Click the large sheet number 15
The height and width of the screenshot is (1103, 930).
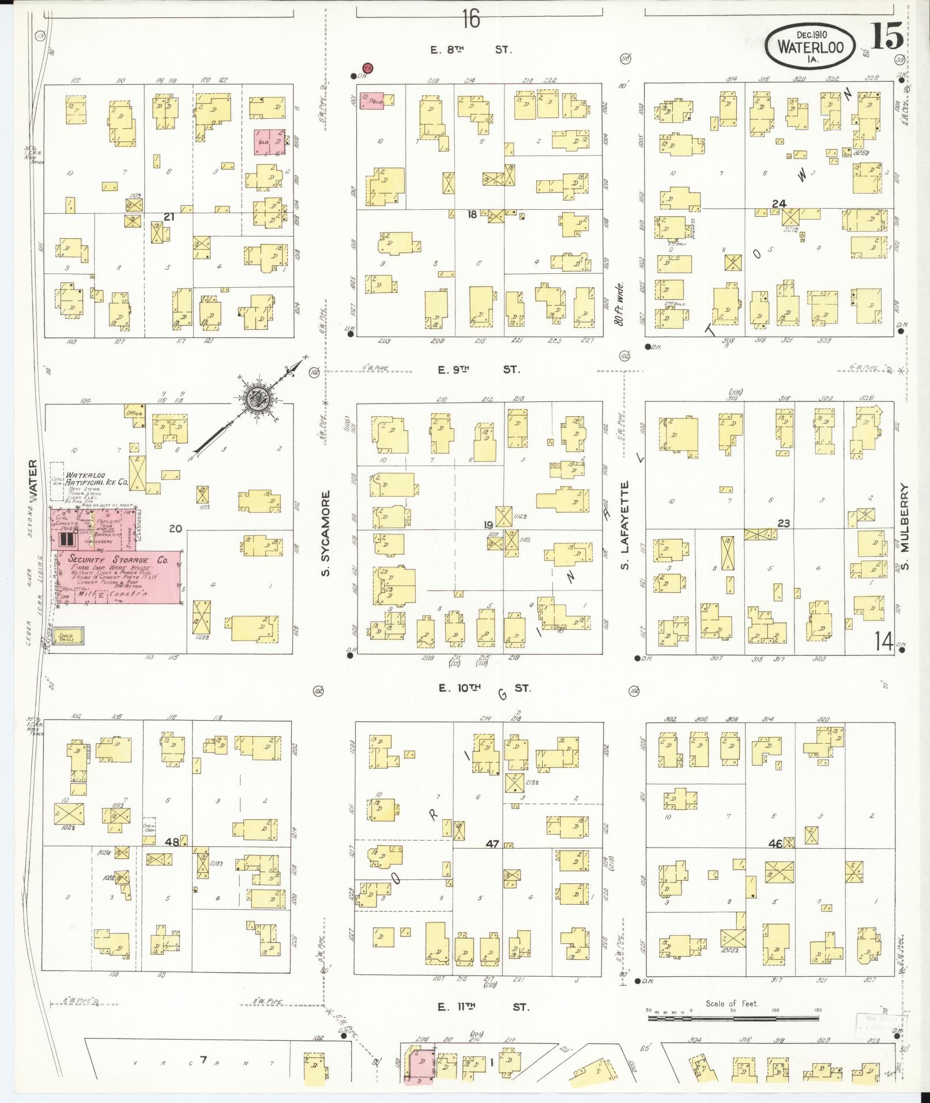[x=886, y=38]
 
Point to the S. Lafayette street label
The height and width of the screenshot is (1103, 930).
[x=624, y=525]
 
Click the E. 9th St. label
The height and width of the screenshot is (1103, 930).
[x=478, y=370]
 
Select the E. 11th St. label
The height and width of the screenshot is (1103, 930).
[x=483, y=1007]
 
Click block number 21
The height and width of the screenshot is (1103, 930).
[x=169, y=217]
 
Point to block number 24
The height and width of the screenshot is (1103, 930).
[x=780, y=204]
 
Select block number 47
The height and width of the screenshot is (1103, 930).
[x=492, y=844]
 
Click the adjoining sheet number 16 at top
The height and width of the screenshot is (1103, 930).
[x=470, y=20]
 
